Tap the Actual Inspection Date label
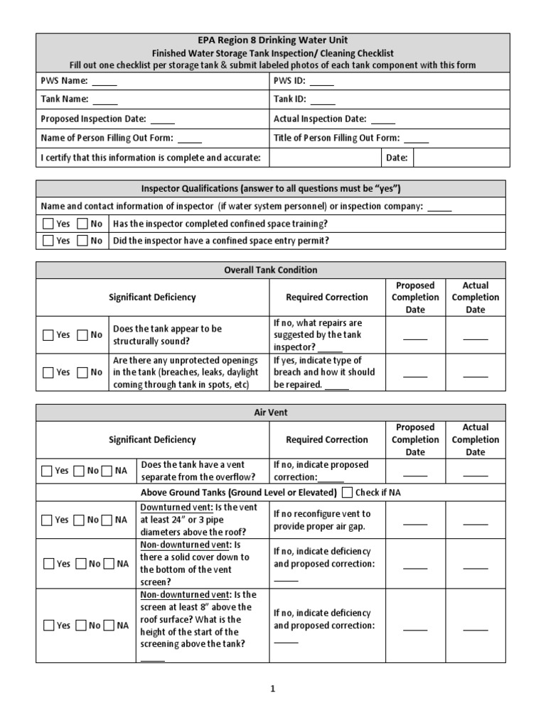click(320, 119)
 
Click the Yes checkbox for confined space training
click(48, 224)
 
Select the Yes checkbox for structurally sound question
click(48, 335)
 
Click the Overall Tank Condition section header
click(271, 270)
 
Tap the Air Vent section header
click(271, 412)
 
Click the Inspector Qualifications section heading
click(271, 189)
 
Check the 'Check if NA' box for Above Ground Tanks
click(347, 493)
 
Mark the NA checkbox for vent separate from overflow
click(108, 471)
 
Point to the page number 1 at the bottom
click(272, 688)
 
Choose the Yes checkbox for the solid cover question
click(48, 564)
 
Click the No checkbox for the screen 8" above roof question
click(78, 625)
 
